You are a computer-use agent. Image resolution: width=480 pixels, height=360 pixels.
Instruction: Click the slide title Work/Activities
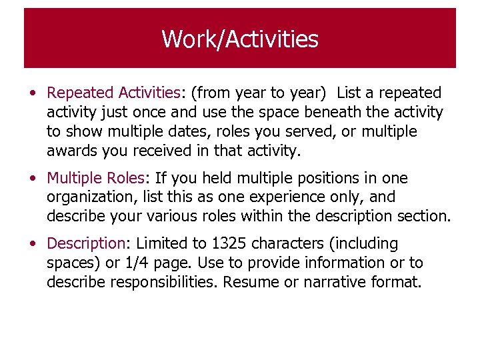240,39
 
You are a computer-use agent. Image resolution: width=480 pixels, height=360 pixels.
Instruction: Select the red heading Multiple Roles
95,179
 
